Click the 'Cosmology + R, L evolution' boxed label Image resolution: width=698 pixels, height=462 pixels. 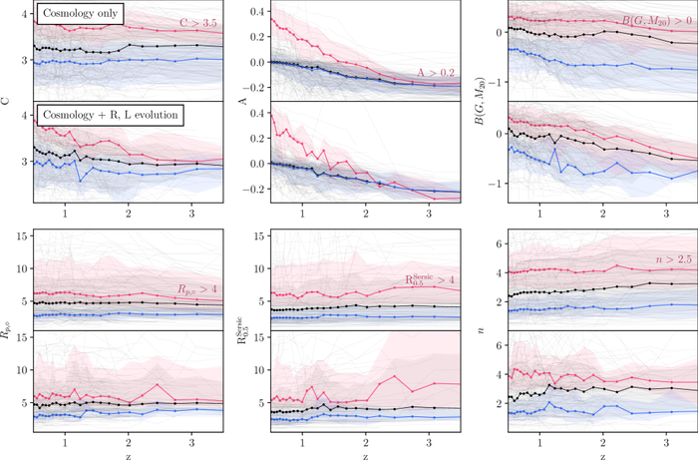click(106, 115)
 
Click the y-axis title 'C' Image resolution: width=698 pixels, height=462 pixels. click(8, 101)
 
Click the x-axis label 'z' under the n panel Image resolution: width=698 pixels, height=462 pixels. click(602, 455)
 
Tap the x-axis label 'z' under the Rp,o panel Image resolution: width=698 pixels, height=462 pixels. click(129, 455)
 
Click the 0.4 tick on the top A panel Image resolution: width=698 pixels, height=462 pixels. click(256, 14)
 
